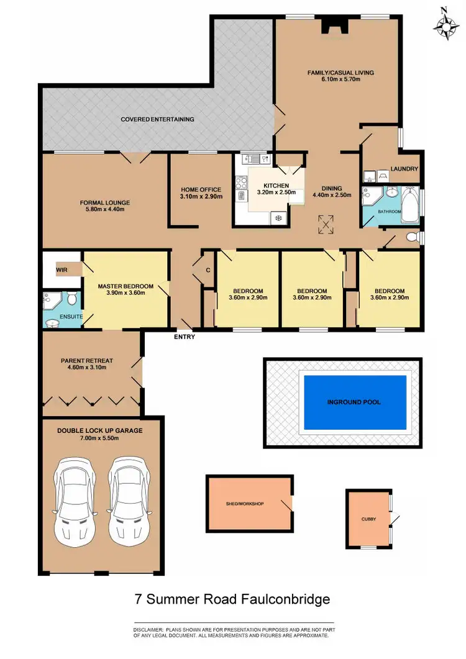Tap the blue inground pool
coord(355,402)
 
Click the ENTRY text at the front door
coord(185,337)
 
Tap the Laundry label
coord(404,169)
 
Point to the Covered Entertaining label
coord(157,119)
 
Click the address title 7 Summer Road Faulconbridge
coord(232,599)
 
